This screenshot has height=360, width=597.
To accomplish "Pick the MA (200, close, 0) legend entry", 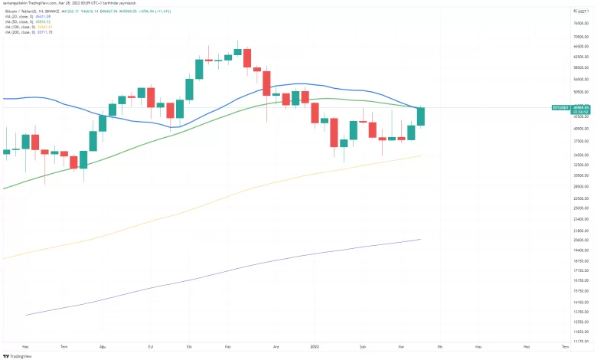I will [22, 34].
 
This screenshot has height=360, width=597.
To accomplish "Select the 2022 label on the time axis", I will [315, 346].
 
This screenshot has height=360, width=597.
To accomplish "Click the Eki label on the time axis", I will [189, 346].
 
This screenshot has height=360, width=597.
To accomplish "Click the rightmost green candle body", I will [420, 116].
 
